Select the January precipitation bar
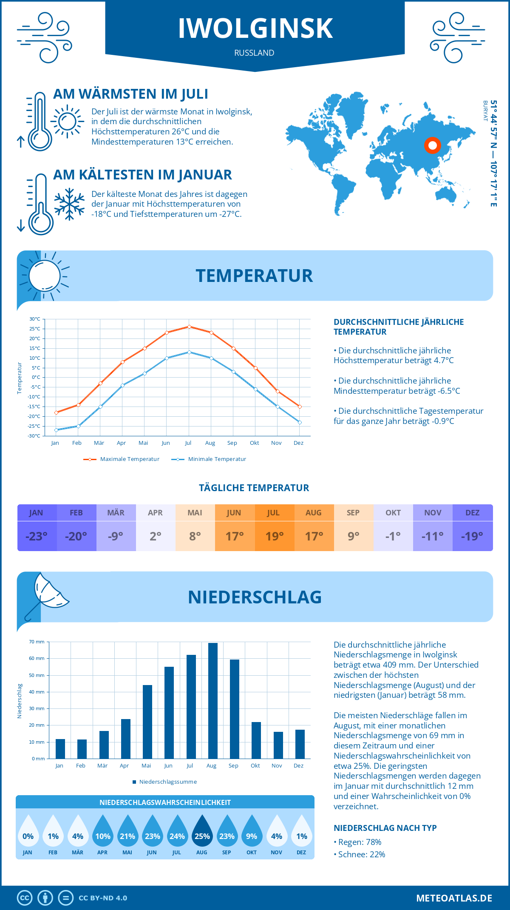coord(60,749)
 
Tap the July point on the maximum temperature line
coord(189,327)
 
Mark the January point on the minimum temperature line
coord(56,430)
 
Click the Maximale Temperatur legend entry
coord(122,459)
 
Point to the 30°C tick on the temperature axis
coord(35,319)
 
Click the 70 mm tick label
coord(37,642)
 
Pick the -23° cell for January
coord(37,536)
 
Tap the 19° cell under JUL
coord(275,536)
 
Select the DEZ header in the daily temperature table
coord(472,513)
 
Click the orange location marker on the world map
coord(433,145)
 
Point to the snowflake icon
coord(69,204)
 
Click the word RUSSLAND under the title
coord(254,53)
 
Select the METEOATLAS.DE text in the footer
coord(454,898)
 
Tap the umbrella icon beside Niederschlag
coord(46,595)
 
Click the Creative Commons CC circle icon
coord(25,898)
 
